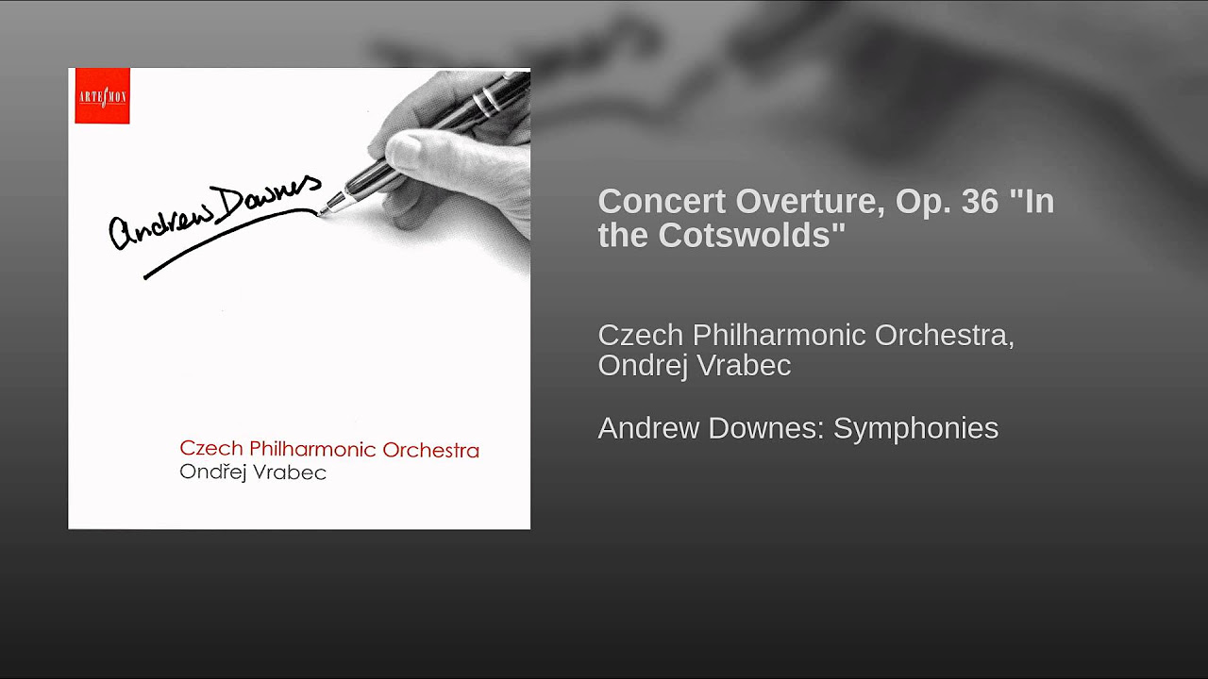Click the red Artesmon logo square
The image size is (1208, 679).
(x=103, y=95)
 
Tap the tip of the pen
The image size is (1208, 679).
(x=319, y=214)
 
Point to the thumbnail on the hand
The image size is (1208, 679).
(x=406, y=148)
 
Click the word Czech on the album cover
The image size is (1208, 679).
(x=211, y=449)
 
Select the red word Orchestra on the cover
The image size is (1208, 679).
(x=430, y=451)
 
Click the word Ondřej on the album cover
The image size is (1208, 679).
(x=213, y=472)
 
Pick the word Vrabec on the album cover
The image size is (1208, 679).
(x=290, y=472)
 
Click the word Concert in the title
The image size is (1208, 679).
(x=662, y=202)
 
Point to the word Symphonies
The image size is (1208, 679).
(x=915, y=429)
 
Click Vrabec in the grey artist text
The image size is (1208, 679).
(x=744, y=365)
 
